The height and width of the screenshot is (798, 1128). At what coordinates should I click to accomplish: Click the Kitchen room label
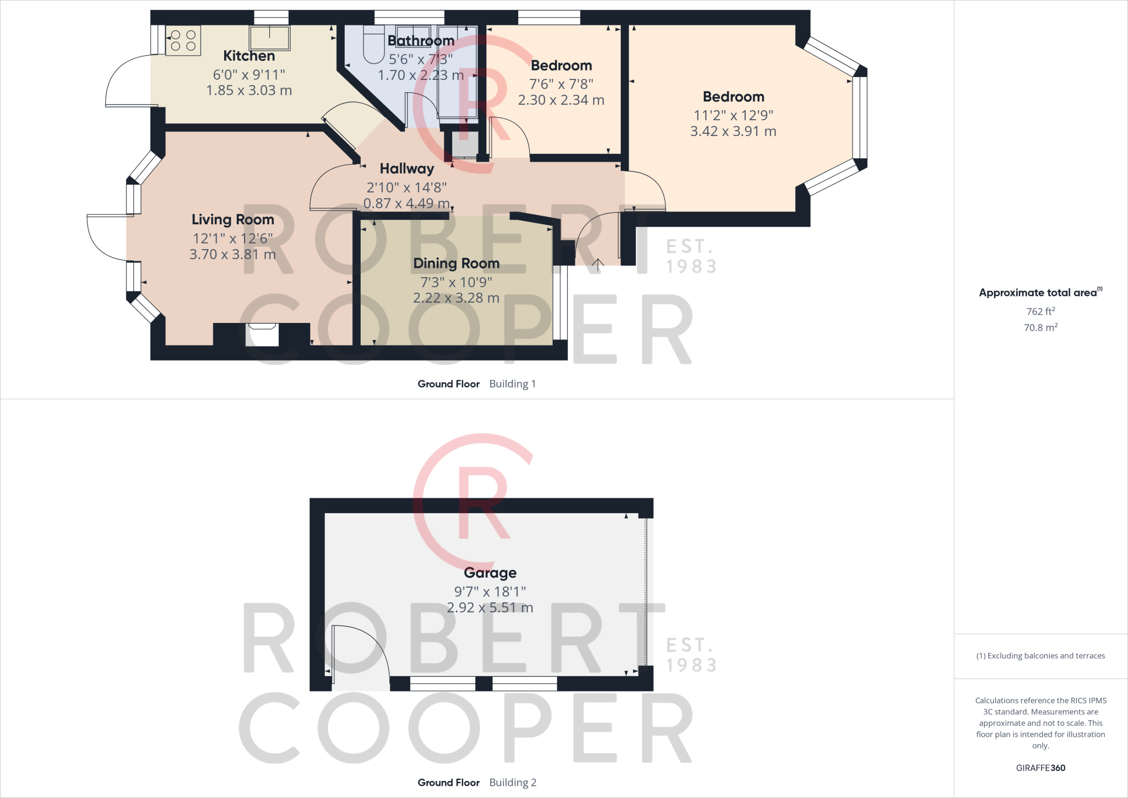[x=249, y=56]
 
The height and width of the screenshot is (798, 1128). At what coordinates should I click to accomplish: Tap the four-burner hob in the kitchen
[x=183, y=40]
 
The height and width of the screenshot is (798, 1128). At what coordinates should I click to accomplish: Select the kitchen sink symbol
[x=269, y=38]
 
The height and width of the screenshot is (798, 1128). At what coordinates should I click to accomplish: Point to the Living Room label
[x=232, y=219]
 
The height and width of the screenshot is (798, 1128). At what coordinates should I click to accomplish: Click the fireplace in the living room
[x=262, y=334]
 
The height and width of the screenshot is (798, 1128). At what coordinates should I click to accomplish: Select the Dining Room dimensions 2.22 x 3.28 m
[x=456, y=298]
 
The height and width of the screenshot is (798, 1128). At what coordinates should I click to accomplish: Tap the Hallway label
[x=406, y=169]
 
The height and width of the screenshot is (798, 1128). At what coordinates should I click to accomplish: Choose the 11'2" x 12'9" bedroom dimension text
[x=733, y=115]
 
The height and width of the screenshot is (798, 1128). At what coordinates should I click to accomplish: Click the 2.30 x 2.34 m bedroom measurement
[x=561, y=100]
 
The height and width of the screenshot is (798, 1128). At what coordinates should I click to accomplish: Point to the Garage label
[x=490, y=573]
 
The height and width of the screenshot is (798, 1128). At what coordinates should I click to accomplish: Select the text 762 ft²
[x=1040, y=311]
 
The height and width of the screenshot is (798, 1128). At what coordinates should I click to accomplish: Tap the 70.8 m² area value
[x=1040, y=327]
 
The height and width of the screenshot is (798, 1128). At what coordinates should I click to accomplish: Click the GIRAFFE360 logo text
[x=1040, y=768]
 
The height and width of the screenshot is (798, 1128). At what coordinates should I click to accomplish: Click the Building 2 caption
[x=512, y=782]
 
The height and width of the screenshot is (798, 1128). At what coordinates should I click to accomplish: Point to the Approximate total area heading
[x=1040, y=293]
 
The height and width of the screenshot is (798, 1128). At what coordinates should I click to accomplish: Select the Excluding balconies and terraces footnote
[x=1040, y=656]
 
